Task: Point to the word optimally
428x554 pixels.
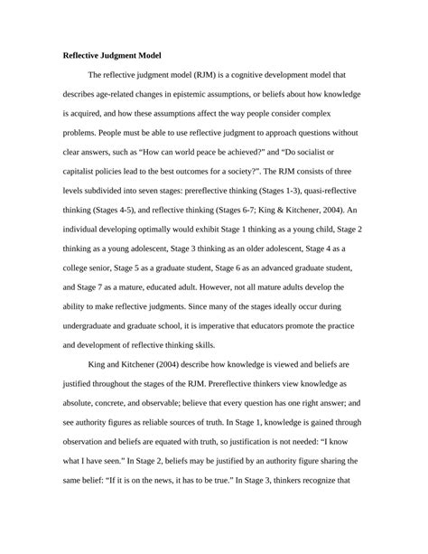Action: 154,230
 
